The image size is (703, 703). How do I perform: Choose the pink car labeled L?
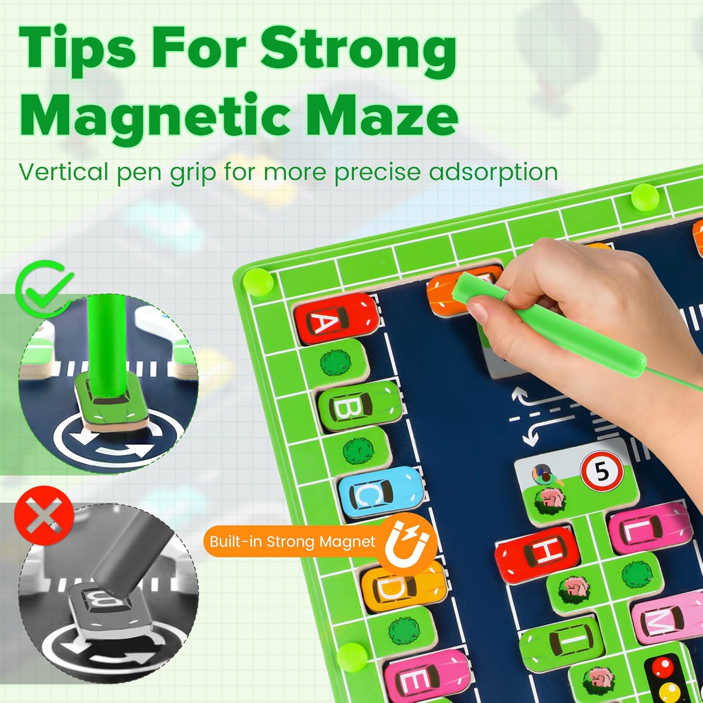point(649,527)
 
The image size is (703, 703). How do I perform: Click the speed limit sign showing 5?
point(602,471)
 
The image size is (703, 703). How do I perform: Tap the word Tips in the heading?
point(77,49)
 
